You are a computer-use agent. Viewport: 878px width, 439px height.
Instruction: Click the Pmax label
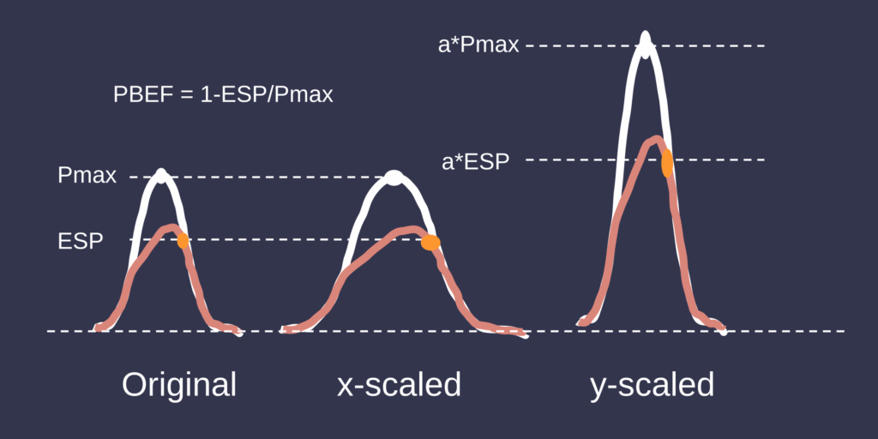[87, 176]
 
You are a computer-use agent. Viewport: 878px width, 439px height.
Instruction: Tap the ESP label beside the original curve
[81, 242]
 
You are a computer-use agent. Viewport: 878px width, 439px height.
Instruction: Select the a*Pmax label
[478, 45]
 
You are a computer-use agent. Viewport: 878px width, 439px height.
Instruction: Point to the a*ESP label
[475, 162]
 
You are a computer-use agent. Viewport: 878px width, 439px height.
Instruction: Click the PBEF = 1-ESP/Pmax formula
[223, 94]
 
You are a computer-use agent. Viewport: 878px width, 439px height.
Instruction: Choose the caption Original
[179, 386]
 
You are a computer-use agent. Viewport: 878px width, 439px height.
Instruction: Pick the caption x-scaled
[399, 386]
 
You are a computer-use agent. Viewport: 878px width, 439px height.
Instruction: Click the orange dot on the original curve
[183, 241]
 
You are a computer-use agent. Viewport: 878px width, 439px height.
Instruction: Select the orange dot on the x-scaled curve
[430, 243]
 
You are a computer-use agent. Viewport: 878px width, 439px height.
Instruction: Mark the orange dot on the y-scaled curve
[667, 164]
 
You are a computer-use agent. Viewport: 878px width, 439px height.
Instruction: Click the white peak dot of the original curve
[161, 176]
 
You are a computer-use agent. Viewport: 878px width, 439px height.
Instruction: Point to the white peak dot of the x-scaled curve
[394, 177]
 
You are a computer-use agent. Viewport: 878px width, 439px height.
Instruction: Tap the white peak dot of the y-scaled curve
[646, 45]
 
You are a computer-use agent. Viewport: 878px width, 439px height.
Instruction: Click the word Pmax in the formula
[304, 95]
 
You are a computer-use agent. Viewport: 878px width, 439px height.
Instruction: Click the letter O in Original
[135, 385]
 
